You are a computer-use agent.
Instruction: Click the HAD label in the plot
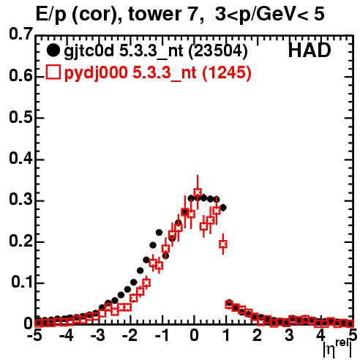coord(310,50)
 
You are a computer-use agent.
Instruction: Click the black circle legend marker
coord(53,50)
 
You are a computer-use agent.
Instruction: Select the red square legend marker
coord(53,72)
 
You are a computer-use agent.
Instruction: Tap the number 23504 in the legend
coord(218,51)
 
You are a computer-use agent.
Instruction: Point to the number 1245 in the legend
coord(227,72)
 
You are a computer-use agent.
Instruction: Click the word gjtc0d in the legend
coord(89,51)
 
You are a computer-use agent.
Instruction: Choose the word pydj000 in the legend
coord(96,73)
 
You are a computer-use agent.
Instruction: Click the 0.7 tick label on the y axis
coord(20,34)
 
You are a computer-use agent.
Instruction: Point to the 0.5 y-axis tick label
coord(20,118)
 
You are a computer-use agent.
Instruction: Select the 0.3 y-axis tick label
coord(20,200)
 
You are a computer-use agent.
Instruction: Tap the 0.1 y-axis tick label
coord(21,282)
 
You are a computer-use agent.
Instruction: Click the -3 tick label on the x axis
coord(98,335)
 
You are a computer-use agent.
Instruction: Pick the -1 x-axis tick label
coord(162,335)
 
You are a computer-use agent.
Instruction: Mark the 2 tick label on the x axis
coord(258,335)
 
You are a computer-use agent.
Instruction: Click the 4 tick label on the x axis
coord(320,335)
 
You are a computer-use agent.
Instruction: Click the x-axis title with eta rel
coord(337,348)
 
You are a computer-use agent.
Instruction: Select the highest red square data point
coord(198,192)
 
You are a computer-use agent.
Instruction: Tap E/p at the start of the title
coord(51,15)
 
